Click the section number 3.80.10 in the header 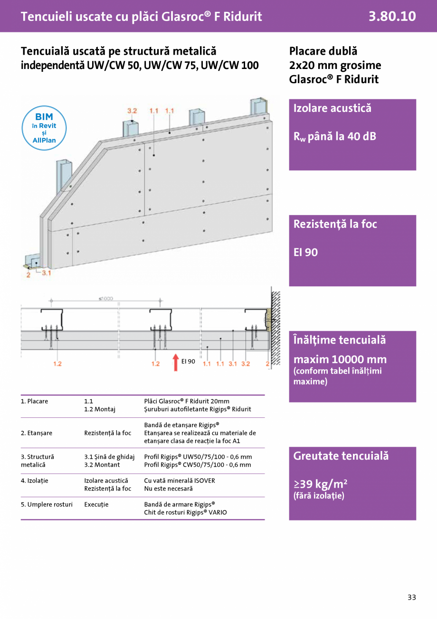click(392, 16)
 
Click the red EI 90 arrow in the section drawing click(175, 362)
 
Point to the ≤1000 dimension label click(105, 298)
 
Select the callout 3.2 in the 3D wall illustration click(132, 111)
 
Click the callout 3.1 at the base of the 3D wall click(46, 273)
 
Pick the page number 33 click(411, 597)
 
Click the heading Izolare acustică click(332, 108)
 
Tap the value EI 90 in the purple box click(305, 252)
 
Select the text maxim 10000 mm click(340, 359)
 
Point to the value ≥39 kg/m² click(320, 484)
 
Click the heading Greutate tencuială click(341, 456)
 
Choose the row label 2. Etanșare click(37, 433)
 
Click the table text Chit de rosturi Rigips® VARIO click(185, 512)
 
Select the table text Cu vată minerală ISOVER click(179, 481)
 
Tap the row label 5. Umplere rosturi click(47, 504)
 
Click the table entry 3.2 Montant click(102, 465)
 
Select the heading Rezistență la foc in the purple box click(335, 224)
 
